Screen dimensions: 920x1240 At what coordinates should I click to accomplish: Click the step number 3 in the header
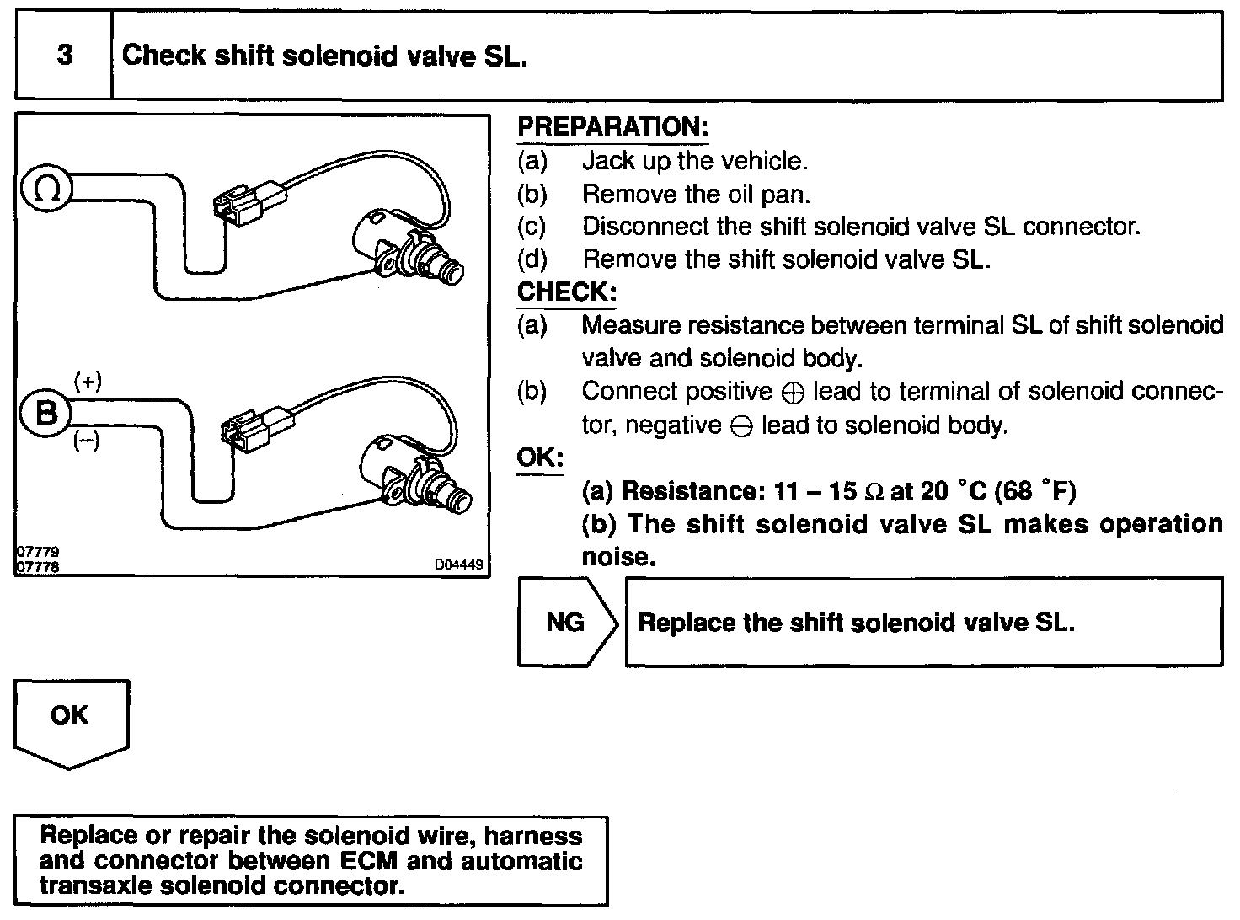click(64, 56)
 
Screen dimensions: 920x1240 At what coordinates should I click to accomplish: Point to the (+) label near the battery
click(88, 382)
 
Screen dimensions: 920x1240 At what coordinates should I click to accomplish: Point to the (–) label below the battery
click(87, 441)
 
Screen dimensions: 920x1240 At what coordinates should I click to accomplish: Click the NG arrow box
click(567, 623)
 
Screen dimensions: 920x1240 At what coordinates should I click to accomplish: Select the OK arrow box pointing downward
click(70, 719)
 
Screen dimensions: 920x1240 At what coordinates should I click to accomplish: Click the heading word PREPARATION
click(612, 127)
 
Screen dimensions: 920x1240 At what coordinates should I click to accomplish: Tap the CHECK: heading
click(566, 292)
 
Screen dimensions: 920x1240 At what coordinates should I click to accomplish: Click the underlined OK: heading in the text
click(539, 457)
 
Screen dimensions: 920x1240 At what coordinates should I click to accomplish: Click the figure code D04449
click(459, 565)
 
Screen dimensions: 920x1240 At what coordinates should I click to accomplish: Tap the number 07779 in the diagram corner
click(38, 554)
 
